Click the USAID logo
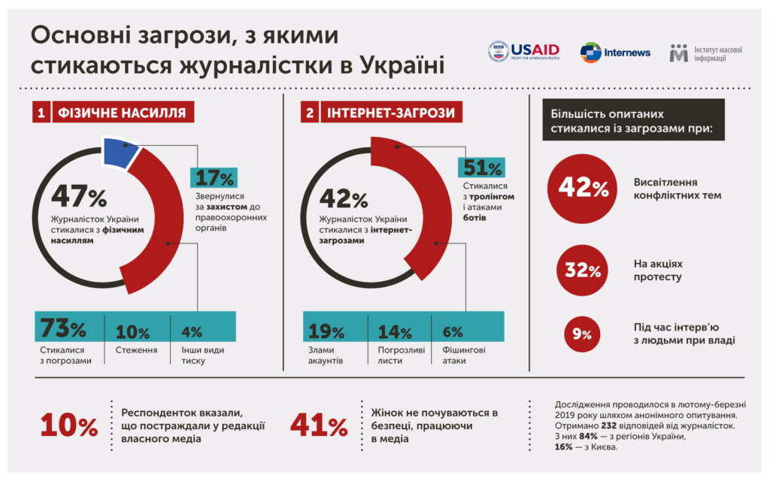pyautogui.click(x=523, y=51)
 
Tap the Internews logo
pyautogui.click(x=615, y=53)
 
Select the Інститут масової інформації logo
pyautogui.click(x=705, y=53)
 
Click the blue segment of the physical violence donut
pyautogui.click(x=120, y=152)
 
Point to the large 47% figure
pyautogui.click(x=79, y=196)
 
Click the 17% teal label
pyautogui.click(x=214, y=177)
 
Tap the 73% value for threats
pyautogui.click(x=63, y=328)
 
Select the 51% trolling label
pyautogui.click(x=482, y=168)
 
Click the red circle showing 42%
pyautogui.click(x=583, y=189)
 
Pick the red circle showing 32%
pyautogui.click(x=583, y=270)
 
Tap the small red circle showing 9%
pyautogui.click(x=583, y=334)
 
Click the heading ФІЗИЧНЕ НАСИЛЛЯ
pyautogui.click(x=123, y=113)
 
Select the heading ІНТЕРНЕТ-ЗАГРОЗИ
pyautogui.click(x=391, y=113)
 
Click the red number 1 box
pyautogui.click(x=41, y=113)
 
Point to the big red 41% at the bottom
pyautogui.click(x=319, y=425)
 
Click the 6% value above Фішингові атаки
pyautogui.click(x=452, y=332)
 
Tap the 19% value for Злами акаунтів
pyautogui.click(x=326, y=331)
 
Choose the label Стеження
pyautogui.click(x=136, y=350)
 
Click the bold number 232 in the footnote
pyautogui.click(x=608, y=425)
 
